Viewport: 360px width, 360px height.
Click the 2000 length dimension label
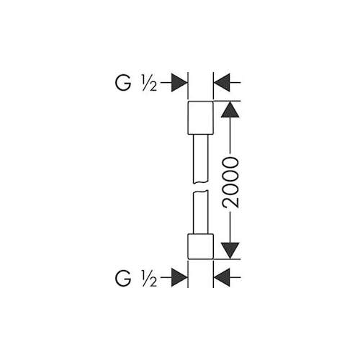pos(230,182)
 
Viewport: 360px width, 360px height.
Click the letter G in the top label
pos(123,83)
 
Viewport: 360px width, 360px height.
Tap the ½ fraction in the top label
pos(149,84)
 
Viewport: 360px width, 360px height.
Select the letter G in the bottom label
pos(123,278)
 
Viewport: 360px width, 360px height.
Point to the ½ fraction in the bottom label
pos(149,279)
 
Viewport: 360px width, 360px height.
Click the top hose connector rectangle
pos(200,117)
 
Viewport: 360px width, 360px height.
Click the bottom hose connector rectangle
pos(200,246)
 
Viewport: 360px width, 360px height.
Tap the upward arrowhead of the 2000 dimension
pos(230,109)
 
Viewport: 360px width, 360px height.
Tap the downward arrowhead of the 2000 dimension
pos(230,251)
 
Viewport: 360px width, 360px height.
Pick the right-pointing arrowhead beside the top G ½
pos(179,83)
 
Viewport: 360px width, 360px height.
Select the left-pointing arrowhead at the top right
pos(222,83)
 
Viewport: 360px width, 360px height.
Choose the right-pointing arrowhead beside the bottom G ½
pos(179,278)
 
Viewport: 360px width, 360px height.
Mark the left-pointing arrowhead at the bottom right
pos(222,278)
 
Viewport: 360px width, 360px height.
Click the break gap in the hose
pos(200,186)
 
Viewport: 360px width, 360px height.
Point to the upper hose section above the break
pos(200,158)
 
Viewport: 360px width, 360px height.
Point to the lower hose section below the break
pos(200,212)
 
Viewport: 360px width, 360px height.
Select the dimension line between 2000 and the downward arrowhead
pos(230,228)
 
